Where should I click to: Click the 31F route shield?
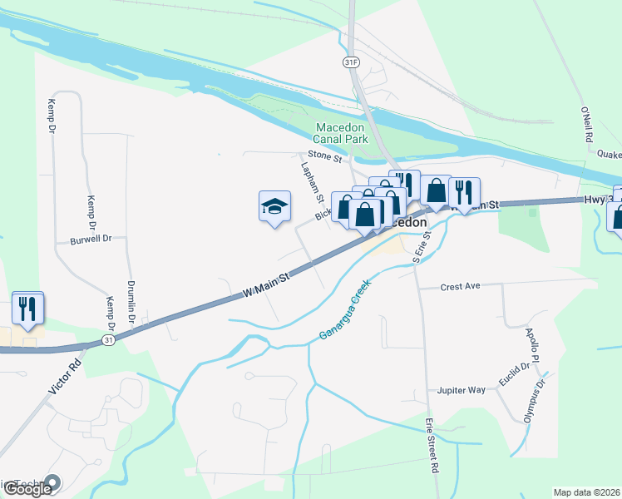[x=351, y=62]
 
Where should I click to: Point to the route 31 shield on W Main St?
[x=108, y=340]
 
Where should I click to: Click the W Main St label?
[x=265, y=284]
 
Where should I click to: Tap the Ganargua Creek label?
[x=345, y=309]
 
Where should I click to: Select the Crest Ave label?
[x=461, y=286]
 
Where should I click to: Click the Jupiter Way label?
[x=461, y=389]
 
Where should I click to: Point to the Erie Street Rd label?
[x=432, y=446]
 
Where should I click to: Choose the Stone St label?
[x=325, y=156]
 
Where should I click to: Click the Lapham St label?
[x=312, y=182]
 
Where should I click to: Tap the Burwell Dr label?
[x=91, y=238]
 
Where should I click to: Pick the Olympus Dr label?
[x=533, y=401]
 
